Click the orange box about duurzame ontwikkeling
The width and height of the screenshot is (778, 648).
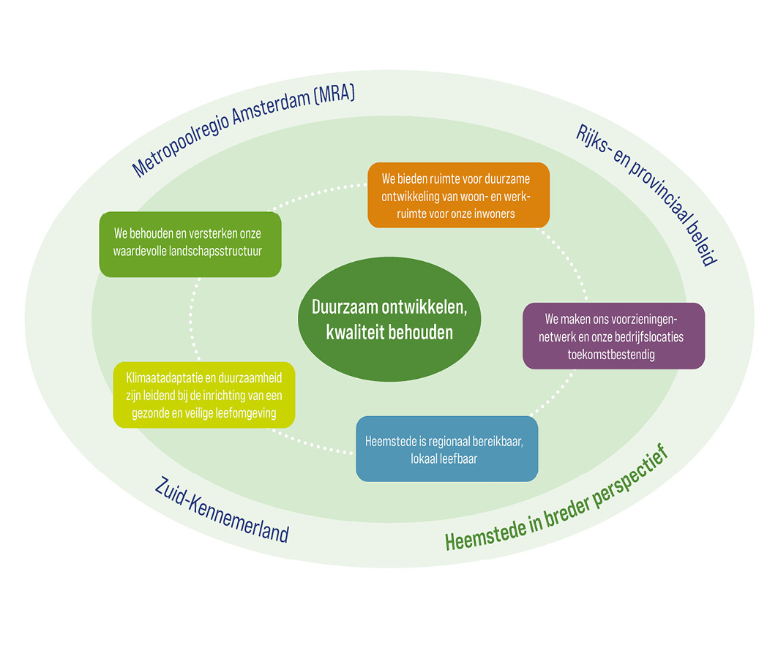[458, 195]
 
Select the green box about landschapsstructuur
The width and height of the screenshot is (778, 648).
[190, 244]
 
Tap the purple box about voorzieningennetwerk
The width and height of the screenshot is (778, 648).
[613, 336]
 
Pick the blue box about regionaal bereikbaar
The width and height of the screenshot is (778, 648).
[446, 449]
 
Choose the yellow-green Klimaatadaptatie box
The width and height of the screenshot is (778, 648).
[204, 394]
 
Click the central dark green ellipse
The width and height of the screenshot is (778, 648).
[389, 320]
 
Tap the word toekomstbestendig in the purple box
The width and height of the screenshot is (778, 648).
[613, 353]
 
